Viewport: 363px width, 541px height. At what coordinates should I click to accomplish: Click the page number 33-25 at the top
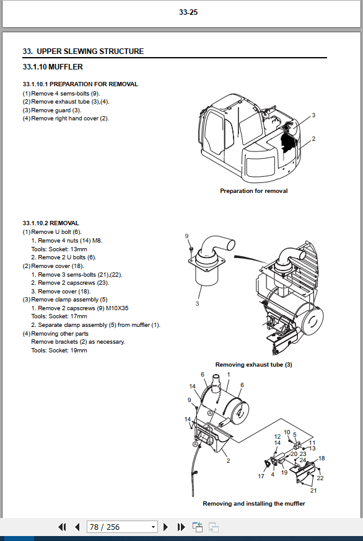click(x=188, y=12)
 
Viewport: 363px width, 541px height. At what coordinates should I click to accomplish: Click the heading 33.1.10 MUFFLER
click(x=53, y=67)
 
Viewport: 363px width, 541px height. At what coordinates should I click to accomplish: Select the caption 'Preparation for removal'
click(x=254, y=191)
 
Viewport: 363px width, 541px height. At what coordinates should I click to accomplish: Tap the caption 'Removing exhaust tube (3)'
click(x=254, y=364)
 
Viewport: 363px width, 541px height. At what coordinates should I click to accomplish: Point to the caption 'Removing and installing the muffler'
click(x=254, y=503)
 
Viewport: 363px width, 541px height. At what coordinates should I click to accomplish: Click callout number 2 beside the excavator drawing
click(x=313, y=139)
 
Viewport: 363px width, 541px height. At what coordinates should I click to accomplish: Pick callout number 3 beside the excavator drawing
click(x=313, y=115)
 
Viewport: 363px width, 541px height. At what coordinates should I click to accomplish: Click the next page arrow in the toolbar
click(x=165, y=527)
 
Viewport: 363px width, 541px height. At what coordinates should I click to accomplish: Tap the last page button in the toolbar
click(x=181, y=527)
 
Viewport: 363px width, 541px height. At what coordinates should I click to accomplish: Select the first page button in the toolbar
click(x=62, y=527)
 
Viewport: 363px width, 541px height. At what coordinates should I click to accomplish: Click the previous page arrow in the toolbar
click(x=77, y=527)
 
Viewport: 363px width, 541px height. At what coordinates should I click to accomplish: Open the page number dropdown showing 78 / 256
click(x=122, y=527)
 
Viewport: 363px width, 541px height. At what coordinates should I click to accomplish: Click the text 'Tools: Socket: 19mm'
click(x=59, y=350)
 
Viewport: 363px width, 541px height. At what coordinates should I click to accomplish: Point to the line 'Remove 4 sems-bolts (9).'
click(x=66, y=94)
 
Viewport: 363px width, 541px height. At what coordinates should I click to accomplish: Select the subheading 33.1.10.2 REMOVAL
click(x=51, y=223)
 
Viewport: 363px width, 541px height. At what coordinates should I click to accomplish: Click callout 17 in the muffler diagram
click(x=261, y=476)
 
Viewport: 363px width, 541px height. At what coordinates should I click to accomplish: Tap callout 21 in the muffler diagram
click(x=313, y=490)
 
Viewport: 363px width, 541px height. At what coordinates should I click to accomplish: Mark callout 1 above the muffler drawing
click(x=229, y=374)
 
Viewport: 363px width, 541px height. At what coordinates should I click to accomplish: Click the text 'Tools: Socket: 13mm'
click(x=59, y=249)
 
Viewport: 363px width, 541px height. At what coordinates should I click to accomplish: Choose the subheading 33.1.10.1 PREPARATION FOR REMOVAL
click(x=81, y=84)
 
